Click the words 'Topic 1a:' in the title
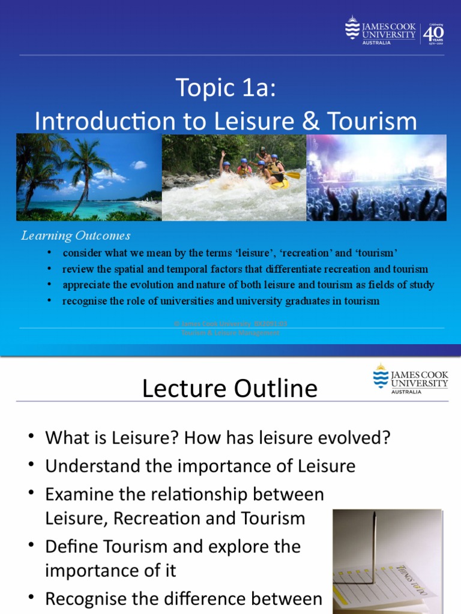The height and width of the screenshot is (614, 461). pos(227,88)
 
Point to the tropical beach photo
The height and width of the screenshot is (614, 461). pos(89,177)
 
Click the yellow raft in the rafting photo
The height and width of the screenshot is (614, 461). pos(280,183)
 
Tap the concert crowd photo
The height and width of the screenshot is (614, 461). pos(376,177)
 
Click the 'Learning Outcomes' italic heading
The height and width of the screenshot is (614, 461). pos(76,236)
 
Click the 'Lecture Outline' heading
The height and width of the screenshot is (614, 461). pos(229,389)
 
